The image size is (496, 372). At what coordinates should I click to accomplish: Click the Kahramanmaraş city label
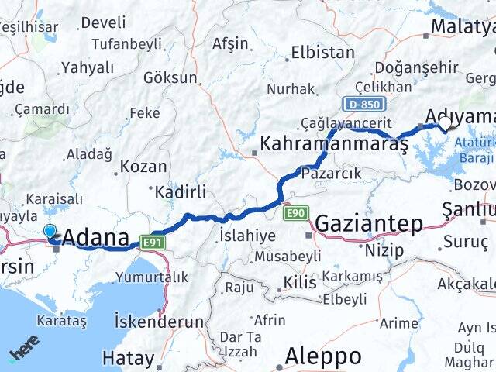(335, 144)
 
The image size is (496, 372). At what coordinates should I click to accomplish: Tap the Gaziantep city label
(370, 225)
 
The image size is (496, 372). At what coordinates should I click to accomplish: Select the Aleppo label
(323, 356)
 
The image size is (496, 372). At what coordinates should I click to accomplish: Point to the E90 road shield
(297, 212)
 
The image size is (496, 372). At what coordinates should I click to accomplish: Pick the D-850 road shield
(360, 102)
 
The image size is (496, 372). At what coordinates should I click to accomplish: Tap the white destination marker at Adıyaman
(446, 122)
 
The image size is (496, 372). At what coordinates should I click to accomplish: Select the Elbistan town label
(322, 53)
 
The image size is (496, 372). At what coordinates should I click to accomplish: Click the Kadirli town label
(181, 192)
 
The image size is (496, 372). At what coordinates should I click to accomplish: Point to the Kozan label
(144, 166)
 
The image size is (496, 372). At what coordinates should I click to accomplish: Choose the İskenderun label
(159, 321)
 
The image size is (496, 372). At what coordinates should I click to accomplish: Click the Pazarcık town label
(331, 173)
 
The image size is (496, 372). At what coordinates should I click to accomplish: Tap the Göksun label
(170, 78)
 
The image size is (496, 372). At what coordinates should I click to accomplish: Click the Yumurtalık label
(151, 277)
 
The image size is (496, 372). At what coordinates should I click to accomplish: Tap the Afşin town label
(231, 43)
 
